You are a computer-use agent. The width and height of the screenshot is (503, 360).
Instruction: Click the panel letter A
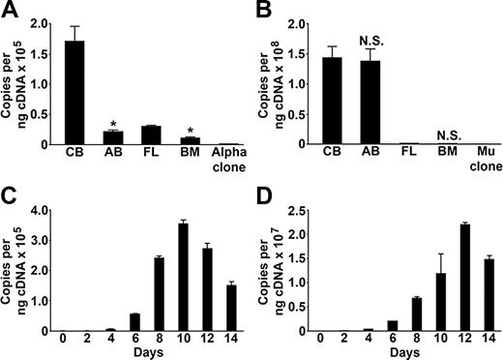click(12, 11)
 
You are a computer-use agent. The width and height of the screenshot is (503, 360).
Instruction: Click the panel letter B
click(267, 11)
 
